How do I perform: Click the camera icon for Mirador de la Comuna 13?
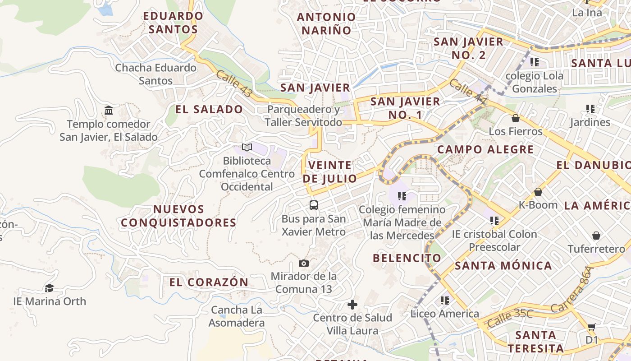coord(304,263)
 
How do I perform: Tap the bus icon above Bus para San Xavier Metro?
coord(314,205)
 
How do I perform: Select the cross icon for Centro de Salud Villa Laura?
coord(352,305)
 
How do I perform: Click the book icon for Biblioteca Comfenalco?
coord(247,147)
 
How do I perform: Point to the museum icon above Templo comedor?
coord(109,111)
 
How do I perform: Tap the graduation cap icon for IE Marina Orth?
coord(49,288)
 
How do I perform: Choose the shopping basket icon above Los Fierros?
coord(516,118)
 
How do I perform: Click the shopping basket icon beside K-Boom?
coord(538,192)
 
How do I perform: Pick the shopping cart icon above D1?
coord(591,327)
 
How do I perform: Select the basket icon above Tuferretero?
coord(596,236)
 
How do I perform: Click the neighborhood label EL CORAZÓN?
coord(209,282)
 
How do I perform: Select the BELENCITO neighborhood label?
coord(407,258)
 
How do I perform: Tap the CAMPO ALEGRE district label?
coord(485,149)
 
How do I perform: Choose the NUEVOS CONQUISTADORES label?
coord(178,216)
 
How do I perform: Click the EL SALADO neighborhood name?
coord(209,109)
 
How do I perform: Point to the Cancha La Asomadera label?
coord(237,316)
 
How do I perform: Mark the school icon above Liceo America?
coord(445,300)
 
